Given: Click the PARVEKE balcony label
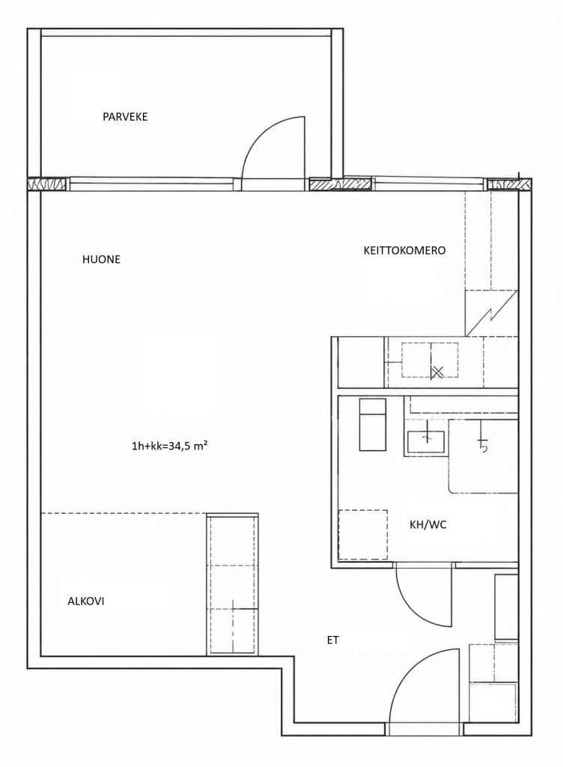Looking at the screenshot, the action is pos(125,117).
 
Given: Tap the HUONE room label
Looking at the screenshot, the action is pos(101,259).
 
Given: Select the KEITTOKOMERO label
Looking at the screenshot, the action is pos(404,250).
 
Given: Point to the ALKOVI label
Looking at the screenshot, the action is pos(85,601).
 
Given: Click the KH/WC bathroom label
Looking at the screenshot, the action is pos(428,525).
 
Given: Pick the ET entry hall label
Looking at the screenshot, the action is pos(333,640).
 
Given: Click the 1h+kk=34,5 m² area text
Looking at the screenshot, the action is pos(171,446).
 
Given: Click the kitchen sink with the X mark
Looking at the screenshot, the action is pos(430,360).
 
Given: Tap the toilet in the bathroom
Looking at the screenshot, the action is pos(373,425).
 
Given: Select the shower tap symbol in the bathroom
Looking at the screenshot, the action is pos(483,442).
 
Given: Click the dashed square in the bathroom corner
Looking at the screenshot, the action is pos(363,535).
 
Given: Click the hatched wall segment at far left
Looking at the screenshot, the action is pos(46,184).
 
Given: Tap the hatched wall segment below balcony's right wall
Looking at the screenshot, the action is pos(340,184).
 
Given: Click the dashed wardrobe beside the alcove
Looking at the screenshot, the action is pos(233,583).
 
